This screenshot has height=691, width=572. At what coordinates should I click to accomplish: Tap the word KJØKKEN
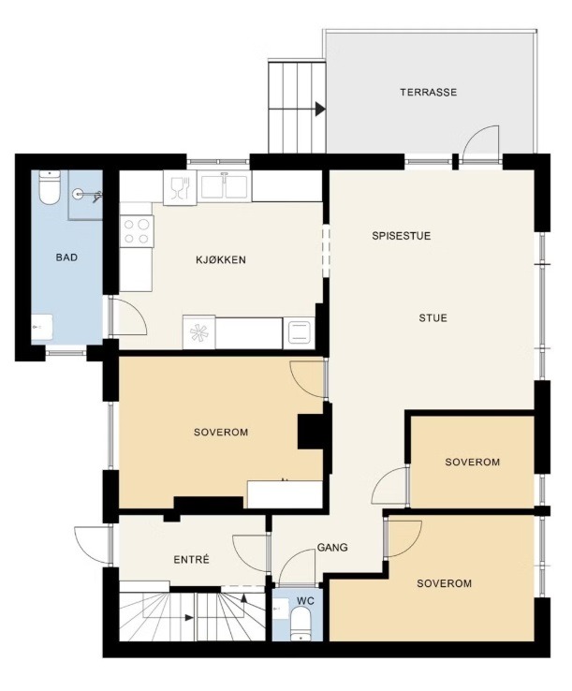click(221, 260)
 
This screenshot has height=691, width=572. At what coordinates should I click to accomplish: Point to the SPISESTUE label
click(401, 236)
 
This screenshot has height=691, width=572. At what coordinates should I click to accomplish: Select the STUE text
click(433, 318)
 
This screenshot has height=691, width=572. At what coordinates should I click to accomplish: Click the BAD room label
click(67, 257)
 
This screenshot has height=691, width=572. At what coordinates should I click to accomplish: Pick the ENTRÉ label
click(191, 560)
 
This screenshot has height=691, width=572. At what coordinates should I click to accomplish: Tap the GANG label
click(332, 548)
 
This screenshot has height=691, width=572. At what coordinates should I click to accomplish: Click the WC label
click(305, 601)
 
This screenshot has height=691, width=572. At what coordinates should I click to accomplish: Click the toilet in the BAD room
click(50, 188)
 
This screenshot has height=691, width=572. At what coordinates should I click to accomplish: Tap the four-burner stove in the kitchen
click(136, 232)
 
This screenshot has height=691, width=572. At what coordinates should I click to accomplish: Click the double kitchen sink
click(225, 185)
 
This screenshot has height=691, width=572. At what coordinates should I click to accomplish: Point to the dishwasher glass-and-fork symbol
click(180, 188)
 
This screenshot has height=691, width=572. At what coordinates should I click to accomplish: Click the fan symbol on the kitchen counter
click(198, 331)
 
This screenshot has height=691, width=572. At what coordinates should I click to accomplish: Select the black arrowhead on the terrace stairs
click(320, 109)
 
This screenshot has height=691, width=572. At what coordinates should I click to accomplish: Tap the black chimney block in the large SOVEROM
click(312, 432)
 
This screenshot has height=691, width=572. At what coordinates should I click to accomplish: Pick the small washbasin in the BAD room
click(42, 327)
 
